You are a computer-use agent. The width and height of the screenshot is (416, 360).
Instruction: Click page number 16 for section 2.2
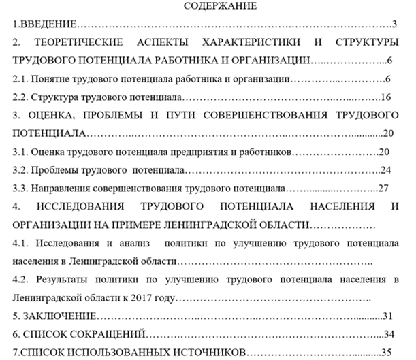(386, 97)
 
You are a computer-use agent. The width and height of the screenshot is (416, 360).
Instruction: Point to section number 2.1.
(21, 79)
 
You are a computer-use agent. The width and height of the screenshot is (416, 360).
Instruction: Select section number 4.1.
(21, 242)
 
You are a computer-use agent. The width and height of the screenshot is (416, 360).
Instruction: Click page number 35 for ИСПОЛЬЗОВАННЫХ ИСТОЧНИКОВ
(388, 352)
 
